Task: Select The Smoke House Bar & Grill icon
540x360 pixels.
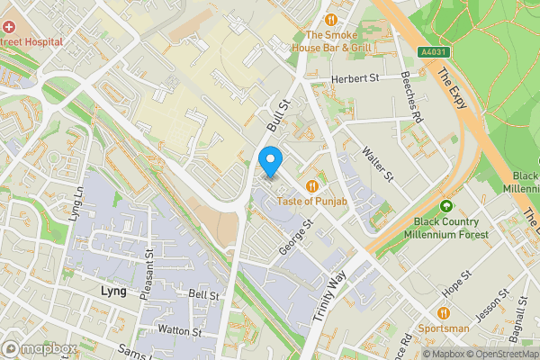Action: click(x=331, y=19)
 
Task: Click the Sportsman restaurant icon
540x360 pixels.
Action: click(x=445, y=313)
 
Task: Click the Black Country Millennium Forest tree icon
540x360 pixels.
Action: click(x=445, y=206)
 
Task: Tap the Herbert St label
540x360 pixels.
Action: click(x=355, y=78)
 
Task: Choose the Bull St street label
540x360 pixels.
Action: click(x=274, y=114)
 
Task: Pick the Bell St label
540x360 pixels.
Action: click(x=203, y=295)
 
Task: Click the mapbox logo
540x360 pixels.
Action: click(x=39, y=347)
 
